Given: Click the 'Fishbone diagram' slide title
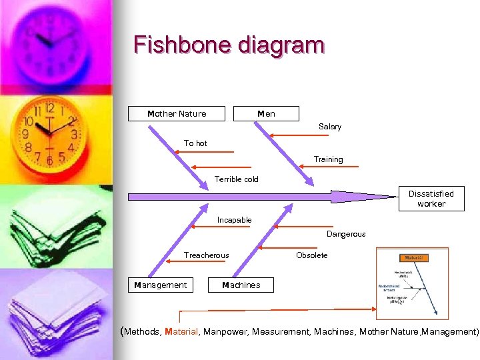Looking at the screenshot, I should point(229,45).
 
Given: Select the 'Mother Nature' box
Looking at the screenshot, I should point(177,114).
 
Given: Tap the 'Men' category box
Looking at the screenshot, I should point(267,114).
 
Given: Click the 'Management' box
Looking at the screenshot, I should point(161,285).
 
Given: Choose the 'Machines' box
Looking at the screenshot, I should point(241,285).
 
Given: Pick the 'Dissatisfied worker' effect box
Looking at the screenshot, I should point(431,199).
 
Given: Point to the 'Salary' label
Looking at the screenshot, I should point(329,127).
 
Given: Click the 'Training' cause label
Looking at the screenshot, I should point(328,160).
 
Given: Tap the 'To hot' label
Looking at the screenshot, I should point(195,143).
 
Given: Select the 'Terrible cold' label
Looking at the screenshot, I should point(236,179).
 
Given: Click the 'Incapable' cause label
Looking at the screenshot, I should point(234,220).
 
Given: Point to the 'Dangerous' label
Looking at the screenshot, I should point(346,234).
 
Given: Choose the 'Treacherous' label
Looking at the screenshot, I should point(206,255).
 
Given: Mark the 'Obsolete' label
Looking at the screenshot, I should point(311,255).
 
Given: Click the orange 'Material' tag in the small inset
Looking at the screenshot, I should point(413,258).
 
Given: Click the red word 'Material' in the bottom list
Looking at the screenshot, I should point(181,331).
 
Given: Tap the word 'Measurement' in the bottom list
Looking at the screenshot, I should point(281,331).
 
